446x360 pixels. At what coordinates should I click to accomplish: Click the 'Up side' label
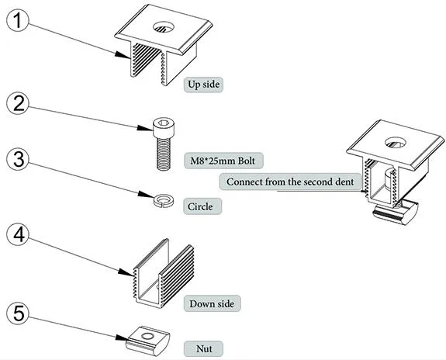pyautogui.click(x=206, y=83)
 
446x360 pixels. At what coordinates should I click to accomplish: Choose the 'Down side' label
pyautogui.click(x=212, y=303)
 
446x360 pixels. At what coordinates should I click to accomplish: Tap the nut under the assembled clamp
pyautogui.click(x=396, y=208)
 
